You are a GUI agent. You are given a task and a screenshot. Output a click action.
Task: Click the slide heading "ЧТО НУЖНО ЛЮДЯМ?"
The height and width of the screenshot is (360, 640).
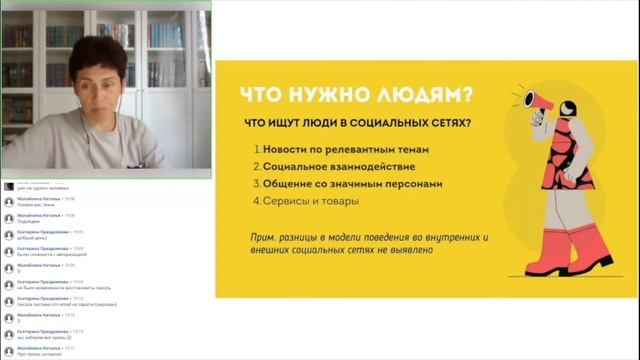[x=356, y=97]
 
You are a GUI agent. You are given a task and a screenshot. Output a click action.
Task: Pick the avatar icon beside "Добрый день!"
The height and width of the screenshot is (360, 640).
[x=8, y=235]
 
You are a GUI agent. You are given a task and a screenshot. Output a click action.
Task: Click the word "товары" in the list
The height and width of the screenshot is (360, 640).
[x=338, y=200]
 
